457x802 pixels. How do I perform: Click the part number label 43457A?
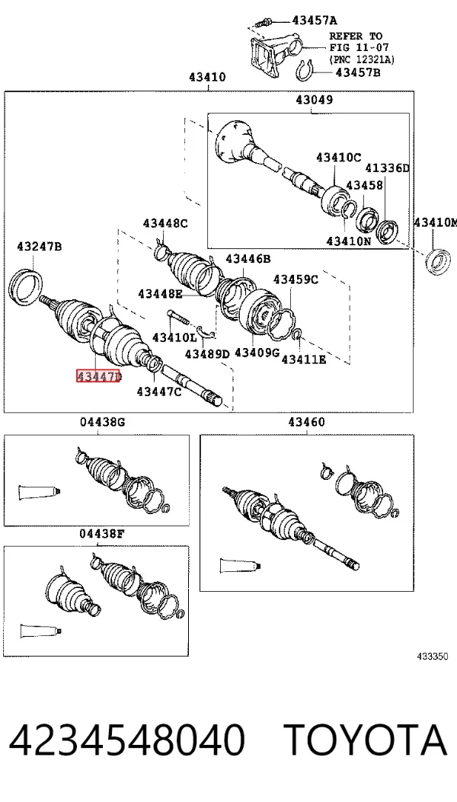coord(315,21)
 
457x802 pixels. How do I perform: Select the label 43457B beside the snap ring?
coord(358,72)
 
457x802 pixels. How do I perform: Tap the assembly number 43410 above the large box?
coord(207,77)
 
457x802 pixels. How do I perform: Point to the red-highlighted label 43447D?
coord(98,377)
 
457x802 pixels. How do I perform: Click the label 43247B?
coord(40,247)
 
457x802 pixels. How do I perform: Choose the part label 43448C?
coord(165,223)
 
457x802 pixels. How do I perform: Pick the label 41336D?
coord(388,168)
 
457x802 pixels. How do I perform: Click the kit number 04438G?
coord(102,422)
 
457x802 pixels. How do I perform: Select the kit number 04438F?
coord(102,533)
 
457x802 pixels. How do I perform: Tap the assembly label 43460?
coord(306,422)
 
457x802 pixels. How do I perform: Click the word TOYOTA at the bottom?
coord(366,740)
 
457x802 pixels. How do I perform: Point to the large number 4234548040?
coord(127,740)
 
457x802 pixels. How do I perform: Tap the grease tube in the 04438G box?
coord(40,493)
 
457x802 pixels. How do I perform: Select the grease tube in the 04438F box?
coord(41,631)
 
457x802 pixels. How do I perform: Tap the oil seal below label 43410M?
coord(437,260)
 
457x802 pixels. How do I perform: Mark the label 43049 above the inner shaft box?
coord(314,100)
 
